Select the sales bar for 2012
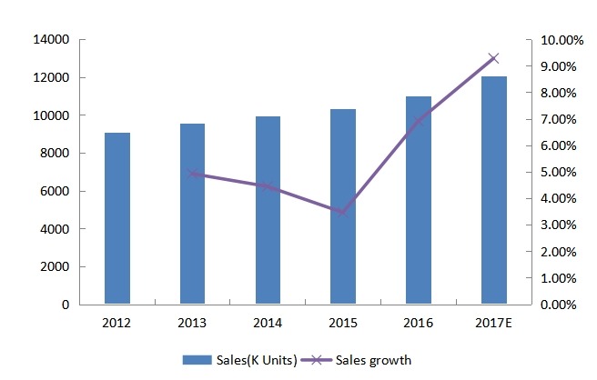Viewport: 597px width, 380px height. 117,218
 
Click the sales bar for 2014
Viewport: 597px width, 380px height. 268,210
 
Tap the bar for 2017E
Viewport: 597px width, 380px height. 494,190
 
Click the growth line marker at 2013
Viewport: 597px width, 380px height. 193,173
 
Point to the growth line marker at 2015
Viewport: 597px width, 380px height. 343,212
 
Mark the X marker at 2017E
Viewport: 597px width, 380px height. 494,58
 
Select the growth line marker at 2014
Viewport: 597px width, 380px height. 268,185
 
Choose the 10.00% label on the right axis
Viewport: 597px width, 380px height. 561,40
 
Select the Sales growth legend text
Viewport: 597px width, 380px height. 374,360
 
